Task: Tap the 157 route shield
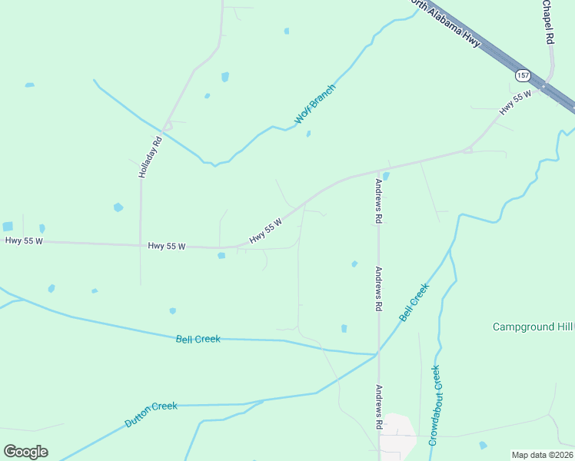523,75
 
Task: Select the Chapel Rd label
548,22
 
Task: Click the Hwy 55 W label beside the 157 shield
515,103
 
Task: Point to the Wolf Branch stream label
315,104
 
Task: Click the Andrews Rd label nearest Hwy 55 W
378,201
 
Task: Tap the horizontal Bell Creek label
198,339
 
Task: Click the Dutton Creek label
151,415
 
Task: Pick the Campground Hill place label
533,327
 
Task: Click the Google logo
25,452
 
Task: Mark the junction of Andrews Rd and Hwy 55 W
379,171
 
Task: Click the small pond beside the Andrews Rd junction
386,176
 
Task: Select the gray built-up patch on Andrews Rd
397,432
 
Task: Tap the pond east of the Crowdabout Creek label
483,445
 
